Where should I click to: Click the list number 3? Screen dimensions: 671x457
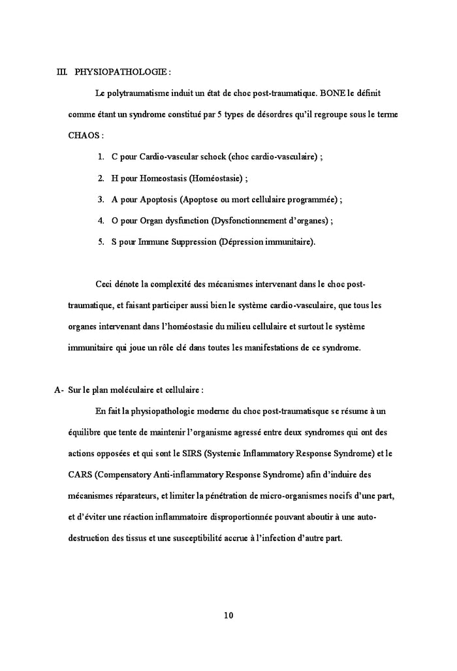pyautogui.click(x=101, y=200)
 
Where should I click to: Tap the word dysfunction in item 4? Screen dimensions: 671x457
pyautogui.click(x=177, y=221)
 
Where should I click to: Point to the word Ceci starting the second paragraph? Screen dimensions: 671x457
pyautogui.click(x=104, y=284)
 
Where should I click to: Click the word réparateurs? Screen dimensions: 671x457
pyautogui.click(x=135, y=495)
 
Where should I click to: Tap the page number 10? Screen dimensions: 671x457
pyautogui.click(x=228, y=614)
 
